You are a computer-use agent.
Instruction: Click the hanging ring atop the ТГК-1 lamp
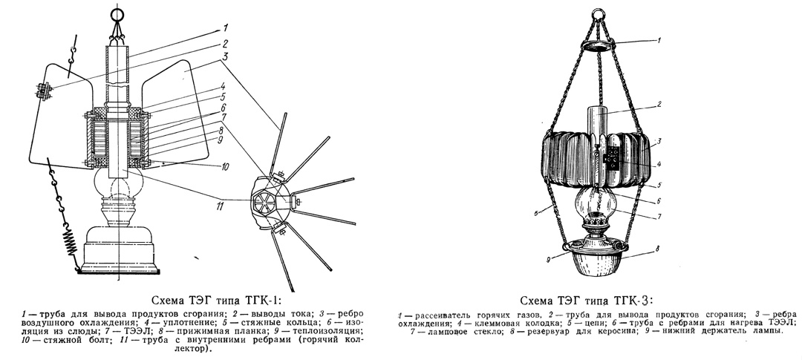point(117,13)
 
